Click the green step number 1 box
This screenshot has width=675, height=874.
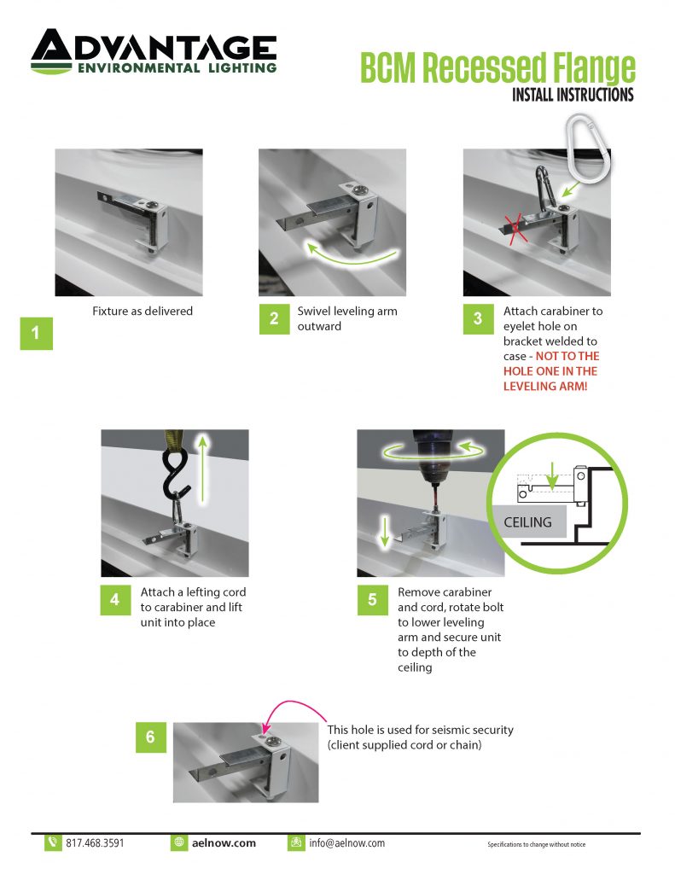[36, 334]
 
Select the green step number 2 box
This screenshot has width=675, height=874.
[274, 318]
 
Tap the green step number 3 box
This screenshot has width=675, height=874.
[478, 318]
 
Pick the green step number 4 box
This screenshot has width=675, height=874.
[115, 599]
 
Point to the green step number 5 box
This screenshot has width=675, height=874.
[373, 599]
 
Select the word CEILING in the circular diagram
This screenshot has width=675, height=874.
[528, 521]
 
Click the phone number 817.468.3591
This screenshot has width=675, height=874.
[95, 842]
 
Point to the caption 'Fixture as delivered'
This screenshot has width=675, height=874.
[143, 312]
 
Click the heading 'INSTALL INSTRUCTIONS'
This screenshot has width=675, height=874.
[573, 94]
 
